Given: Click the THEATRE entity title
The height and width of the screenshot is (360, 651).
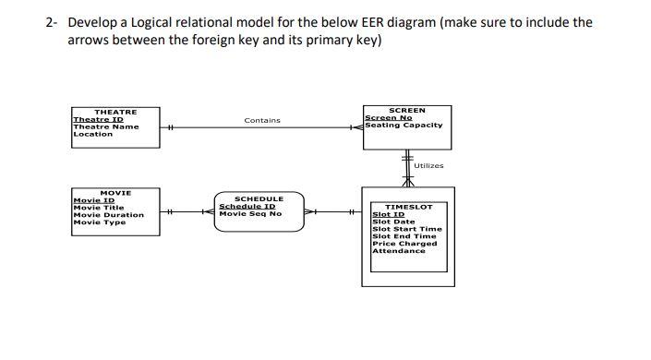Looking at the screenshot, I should pos(115,112).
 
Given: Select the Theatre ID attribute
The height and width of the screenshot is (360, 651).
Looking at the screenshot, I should pos(98,119).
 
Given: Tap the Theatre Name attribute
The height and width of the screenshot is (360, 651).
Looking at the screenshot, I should pos(105,126).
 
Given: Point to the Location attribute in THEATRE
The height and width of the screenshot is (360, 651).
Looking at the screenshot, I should pos(92,134).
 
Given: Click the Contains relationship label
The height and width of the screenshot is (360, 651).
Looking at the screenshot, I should pos(261,121).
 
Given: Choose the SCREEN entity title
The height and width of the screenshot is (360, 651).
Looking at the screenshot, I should pos(407,110).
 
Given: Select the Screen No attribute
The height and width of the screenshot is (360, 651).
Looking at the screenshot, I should pos(388,117).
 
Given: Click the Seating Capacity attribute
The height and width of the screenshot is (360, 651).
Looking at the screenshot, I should pos(404,125).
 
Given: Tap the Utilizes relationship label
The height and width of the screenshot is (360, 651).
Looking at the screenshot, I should pos(428,165).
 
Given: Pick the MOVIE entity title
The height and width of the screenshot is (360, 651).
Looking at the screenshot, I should pos(115,193).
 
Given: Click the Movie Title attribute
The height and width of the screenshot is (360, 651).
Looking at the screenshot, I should pos(100,208).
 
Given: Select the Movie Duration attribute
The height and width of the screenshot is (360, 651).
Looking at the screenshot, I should pos(108,215).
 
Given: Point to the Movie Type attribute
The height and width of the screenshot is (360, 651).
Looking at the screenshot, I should pos(99,222).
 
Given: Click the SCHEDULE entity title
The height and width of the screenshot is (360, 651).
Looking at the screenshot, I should pos(259,198).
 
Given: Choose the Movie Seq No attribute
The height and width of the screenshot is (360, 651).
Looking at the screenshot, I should pos(250,213).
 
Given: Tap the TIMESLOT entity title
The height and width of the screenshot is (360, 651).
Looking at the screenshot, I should pos(408,207).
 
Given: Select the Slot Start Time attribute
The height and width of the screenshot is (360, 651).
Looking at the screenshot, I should pos(406,229).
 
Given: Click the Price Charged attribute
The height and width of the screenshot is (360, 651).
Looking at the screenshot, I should pos(404,244).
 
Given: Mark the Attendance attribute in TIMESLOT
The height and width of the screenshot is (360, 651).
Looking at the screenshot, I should pos(398,251).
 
